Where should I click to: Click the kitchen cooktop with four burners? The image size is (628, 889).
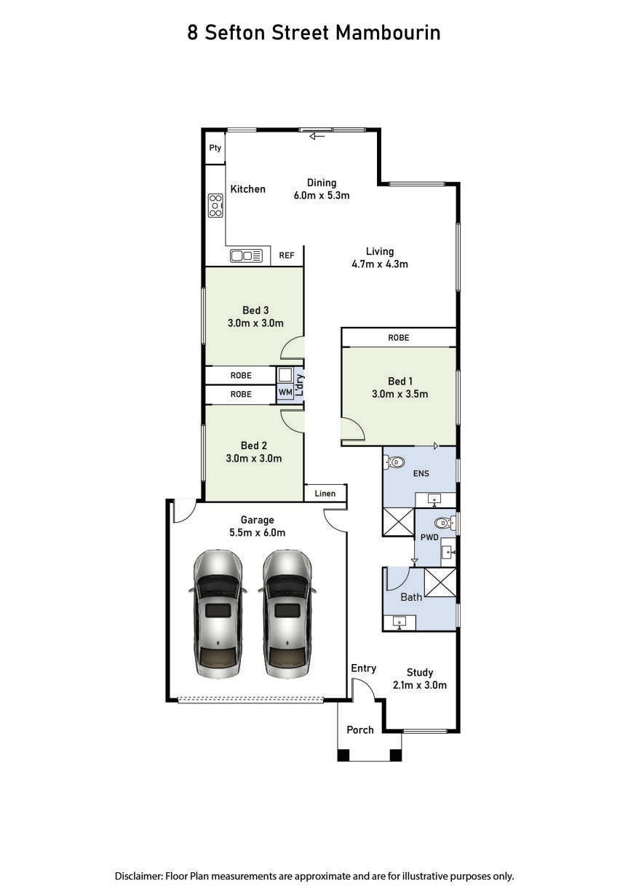[x=215, y=205]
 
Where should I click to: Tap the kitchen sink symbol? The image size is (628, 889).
[x=246, y=256]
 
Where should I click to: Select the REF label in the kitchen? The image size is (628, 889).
[x=287, y=256]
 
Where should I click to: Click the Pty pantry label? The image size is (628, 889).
[x=215, y=148]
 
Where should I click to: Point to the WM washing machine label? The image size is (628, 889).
[x=285, y=392]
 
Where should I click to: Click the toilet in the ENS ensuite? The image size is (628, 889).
[x=394, y=462]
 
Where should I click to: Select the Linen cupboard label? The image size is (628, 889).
[x=325, y=494]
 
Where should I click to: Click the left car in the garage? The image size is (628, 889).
[x=218, y=614]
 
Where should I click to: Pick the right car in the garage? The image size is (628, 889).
[x=287, y=614]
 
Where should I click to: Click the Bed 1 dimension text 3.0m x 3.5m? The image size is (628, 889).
[x=400, y=394]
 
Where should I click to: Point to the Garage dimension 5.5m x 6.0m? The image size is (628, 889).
[x=257, y=533]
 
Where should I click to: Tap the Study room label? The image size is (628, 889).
[x=420, y=672]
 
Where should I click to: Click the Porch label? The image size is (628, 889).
[x=359, y=730]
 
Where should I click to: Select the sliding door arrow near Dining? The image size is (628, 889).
[x=317, y=137]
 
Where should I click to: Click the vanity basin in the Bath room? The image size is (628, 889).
[x=399, y=623]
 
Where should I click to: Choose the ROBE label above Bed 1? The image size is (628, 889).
[x=398, y=338]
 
